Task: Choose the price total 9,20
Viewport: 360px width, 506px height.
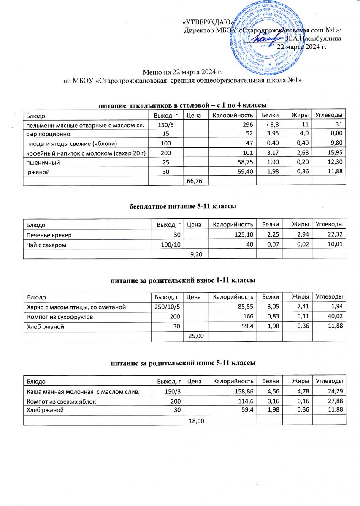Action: coord(197,254)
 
